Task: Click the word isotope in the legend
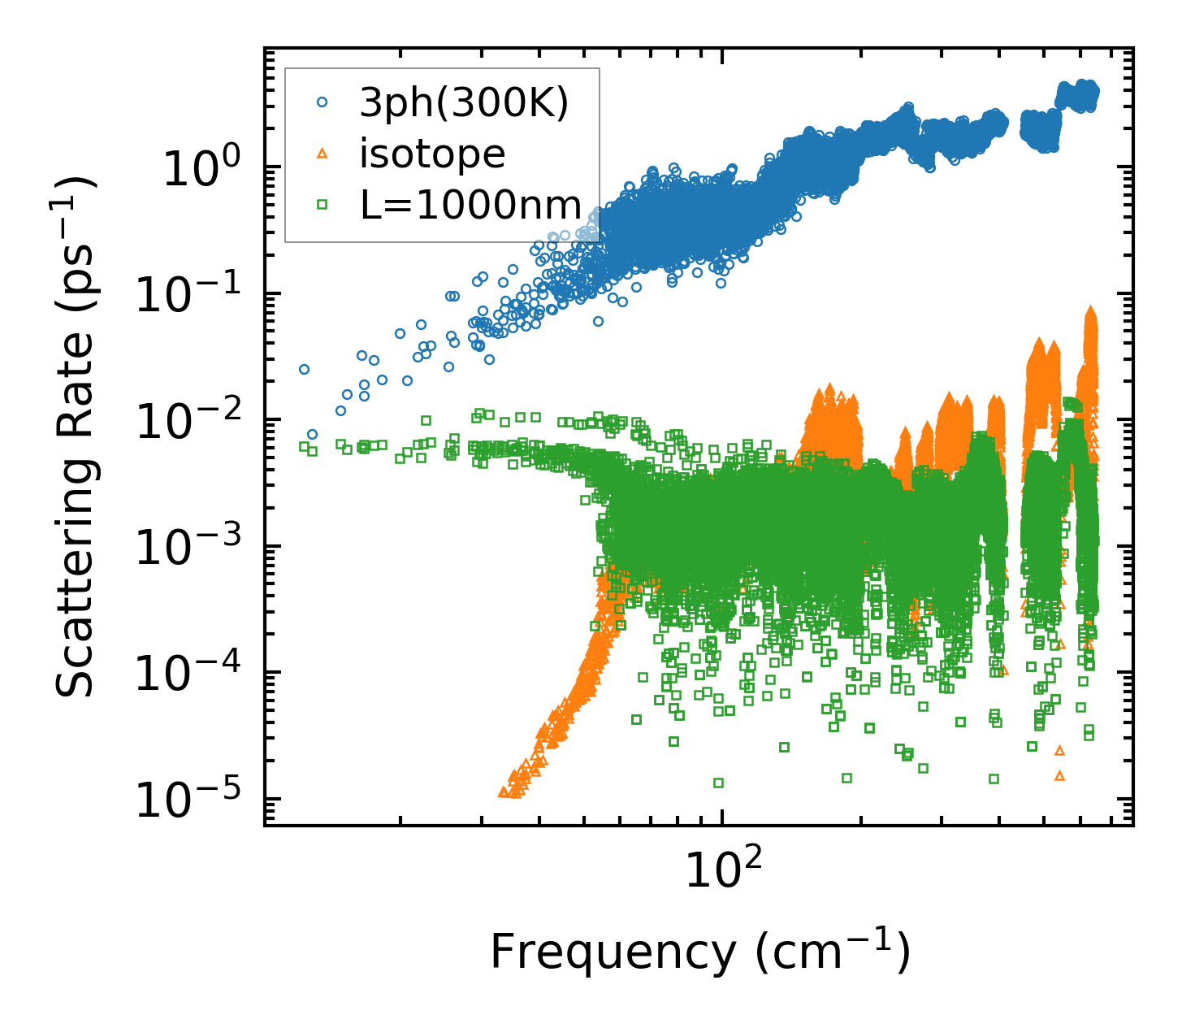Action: [x=432, y=154]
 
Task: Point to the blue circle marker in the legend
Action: [x=323, y=102]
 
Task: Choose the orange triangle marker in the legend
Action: [x=323, y=154]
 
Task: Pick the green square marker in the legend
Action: [x=323, y=205]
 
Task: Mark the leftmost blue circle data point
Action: [x=305, y=369]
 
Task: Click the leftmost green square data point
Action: [x=305, y=446]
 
